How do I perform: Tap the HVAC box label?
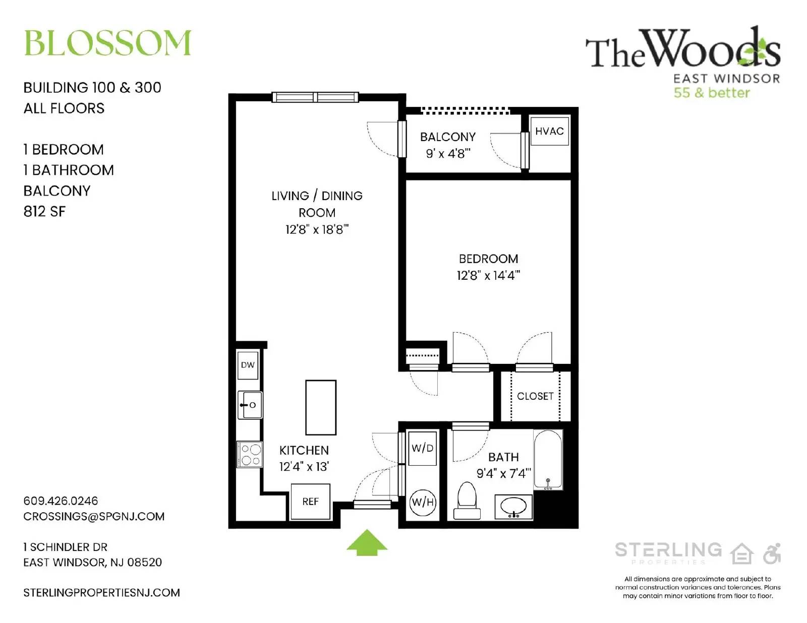point(549,131)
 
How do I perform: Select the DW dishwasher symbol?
point(248,365)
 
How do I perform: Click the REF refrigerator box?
point(310,502)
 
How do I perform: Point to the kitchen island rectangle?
point(321,407)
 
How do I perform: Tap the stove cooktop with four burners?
point(250,454)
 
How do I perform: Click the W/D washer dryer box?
point(422,448)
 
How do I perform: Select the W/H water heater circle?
point(423,502)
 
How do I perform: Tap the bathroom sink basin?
point(513,506)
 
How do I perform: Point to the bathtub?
point(548,459)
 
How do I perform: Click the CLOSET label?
point(535,396)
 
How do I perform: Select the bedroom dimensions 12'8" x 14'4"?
point(488,275)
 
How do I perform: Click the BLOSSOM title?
point(107,43)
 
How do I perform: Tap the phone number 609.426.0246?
point(61,501)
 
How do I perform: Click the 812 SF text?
point(44,211)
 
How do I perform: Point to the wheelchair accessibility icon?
point(772,553)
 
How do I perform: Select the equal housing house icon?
point(742,553)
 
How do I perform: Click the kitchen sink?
point(250,405)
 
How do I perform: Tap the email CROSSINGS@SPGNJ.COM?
point(94,516)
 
